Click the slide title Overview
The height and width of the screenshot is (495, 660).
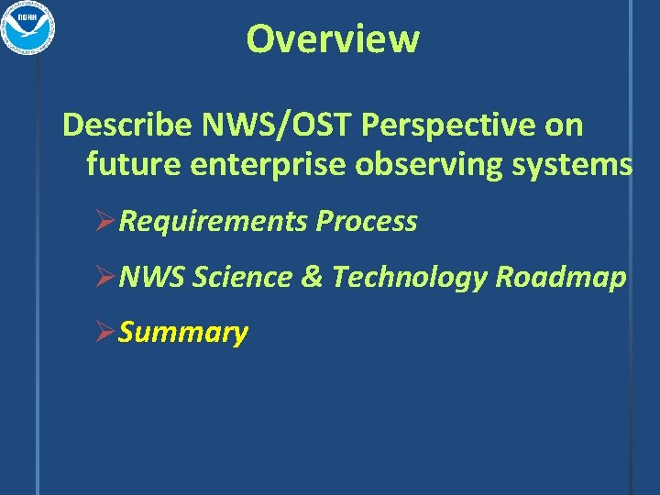[333, 38]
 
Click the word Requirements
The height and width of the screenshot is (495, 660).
[214, 221]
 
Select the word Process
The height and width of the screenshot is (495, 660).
[367, 221]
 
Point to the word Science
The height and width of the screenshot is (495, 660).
[244, 276]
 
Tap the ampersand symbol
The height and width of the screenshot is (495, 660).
[313, 276]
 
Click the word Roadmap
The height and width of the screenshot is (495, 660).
[561, 276]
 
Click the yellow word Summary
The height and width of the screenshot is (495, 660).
[183, 332]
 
